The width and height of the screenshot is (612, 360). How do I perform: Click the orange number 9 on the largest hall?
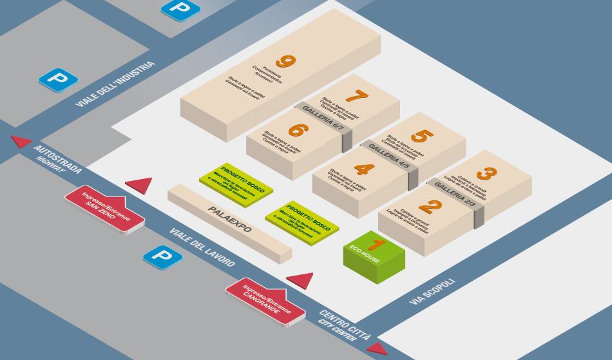pos(285,62)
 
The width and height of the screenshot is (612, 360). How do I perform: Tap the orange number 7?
pos(356,97)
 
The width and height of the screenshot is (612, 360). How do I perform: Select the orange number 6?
pos(297,129)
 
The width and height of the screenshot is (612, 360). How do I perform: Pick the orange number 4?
pos(364,169)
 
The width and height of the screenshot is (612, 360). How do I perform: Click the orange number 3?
pos(486,174)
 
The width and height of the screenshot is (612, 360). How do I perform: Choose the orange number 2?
pos(430,207)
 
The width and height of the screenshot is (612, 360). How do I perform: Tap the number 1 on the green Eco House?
pos(376,245)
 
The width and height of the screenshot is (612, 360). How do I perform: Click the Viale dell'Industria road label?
pos(116,84)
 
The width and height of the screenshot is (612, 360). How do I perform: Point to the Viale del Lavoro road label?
pos(202,247)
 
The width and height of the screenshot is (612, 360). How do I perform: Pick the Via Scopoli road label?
pos(432,292)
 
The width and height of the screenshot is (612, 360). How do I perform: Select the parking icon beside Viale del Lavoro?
pos(162,256)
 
